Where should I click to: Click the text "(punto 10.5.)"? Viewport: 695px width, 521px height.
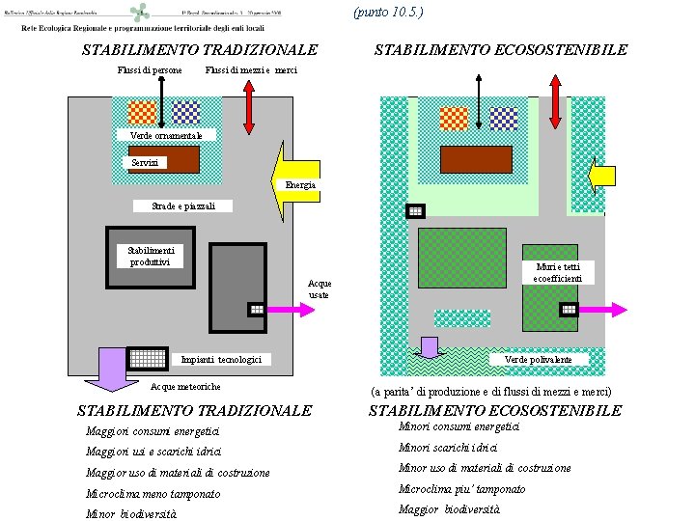(x=388, y=12)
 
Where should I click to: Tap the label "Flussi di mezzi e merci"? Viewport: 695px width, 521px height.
(x=252, y=70)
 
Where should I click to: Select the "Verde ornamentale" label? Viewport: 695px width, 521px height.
(x=166, y=136)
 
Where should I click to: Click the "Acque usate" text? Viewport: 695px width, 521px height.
(x=320, y=289)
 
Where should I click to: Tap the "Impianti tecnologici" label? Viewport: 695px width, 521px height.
(x=221, y=360)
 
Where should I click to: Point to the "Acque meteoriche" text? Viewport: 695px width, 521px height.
(x=186, y=387)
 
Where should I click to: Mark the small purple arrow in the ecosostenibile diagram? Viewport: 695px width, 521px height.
(x=429, y=346)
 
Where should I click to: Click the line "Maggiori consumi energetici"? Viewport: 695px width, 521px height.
(x=153, y=430)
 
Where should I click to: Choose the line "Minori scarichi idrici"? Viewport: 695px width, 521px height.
(x=448, y=447)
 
